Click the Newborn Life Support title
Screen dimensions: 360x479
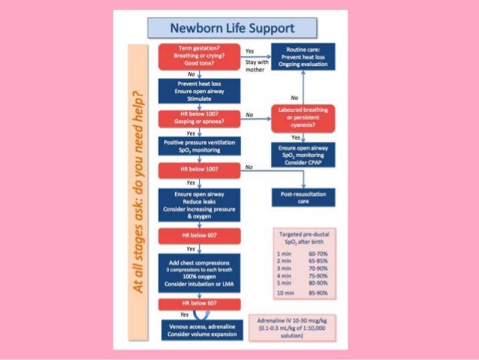[x=232, y=29]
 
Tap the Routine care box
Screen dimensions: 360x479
[x=304, y=57]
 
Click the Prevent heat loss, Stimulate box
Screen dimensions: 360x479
[x=199, y=91]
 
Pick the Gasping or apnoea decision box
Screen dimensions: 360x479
[x=199, y=119]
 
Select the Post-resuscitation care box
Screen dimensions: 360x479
[x=304, y=196]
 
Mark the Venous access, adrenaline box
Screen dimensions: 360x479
[x=199, y=329]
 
